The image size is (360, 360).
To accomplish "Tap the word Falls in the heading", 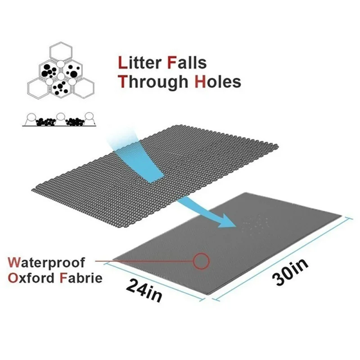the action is (186, 62).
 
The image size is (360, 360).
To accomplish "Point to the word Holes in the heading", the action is (218, 82).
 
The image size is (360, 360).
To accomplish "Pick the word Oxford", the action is (31, 277).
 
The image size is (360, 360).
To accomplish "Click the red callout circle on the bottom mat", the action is (202, 261).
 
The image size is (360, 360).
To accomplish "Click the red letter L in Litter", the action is (121, 62).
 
